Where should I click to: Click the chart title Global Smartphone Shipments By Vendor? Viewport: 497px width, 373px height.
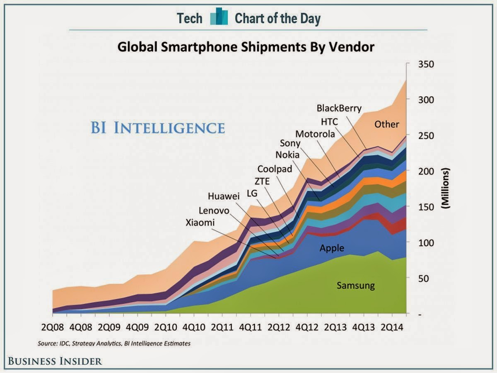tap(246, 46)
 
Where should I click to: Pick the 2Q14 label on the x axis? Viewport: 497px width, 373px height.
tap(392, 327)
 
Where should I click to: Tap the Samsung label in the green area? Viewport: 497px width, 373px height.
tap(355, 285)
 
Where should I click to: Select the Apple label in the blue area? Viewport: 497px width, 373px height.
tap(332, 248)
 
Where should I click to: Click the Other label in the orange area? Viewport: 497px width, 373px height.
tap(386, 124)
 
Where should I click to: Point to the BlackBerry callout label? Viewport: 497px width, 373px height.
tap(339, 109)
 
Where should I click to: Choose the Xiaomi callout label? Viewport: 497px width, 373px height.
tap(200, 223)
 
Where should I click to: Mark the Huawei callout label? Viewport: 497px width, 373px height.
tap(224, 196)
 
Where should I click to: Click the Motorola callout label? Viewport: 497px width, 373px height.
tap(315, 134)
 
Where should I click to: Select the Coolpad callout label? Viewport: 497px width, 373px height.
tap(275, 169)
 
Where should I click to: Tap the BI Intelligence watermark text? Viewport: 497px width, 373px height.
tap(157, 127)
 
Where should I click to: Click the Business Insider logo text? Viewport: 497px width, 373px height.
tap(55, 361)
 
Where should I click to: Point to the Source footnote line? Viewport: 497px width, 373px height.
tap(114, 344)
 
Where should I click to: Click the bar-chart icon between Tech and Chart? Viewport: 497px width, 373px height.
tap(219, 18)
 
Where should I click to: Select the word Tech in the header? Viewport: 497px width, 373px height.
tap(190, 19)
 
